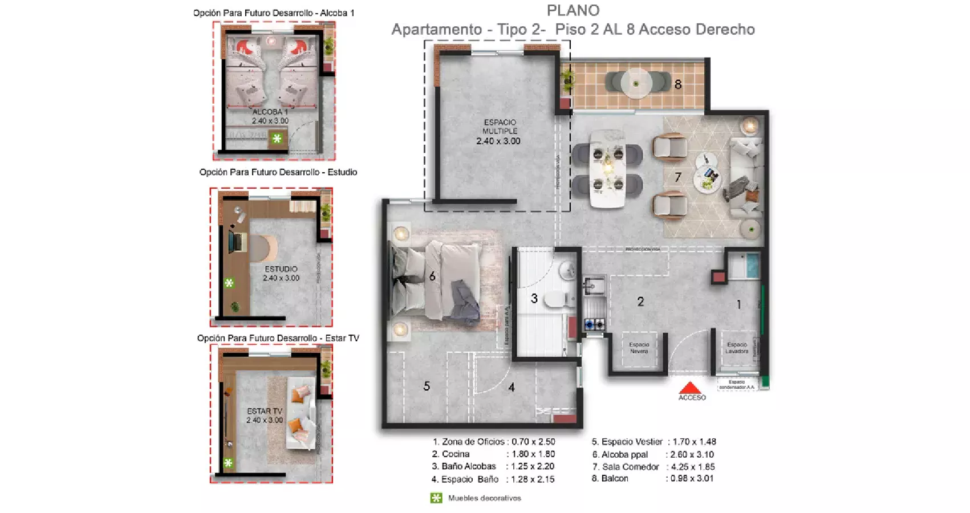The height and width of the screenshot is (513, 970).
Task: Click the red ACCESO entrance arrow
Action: click(691, 388)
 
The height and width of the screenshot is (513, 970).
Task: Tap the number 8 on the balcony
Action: click(677, 84)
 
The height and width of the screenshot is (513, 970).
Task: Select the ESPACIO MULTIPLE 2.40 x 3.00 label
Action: click(499, 132)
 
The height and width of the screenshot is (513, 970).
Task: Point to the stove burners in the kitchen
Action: click(594, 324)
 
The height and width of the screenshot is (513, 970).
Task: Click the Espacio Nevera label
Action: click(639, 348)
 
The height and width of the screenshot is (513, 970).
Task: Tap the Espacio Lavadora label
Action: click(736, 348)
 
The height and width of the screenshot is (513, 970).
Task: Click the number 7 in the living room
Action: click(677, 177)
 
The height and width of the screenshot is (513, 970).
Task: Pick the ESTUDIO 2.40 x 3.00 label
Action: click(281, 274)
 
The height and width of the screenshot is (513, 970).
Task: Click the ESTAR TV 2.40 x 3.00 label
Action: click(265, 415)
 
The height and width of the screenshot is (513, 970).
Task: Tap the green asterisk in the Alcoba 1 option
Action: click(277, 139)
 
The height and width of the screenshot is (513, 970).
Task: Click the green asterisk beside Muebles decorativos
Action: click(436, 498)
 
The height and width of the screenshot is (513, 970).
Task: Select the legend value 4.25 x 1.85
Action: click(692, 466)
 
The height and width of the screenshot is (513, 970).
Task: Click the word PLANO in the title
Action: click(573, 10)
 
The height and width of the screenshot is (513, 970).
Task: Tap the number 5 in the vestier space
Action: click(427, 386)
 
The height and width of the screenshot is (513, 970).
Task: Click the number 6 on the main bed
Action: click(432, 276)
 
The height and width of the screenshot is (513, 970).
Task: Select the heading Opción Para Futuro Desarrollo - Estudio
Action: click(278, 172)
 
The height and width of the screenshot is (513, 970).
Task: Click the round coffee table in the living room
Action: click(708, 180)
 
